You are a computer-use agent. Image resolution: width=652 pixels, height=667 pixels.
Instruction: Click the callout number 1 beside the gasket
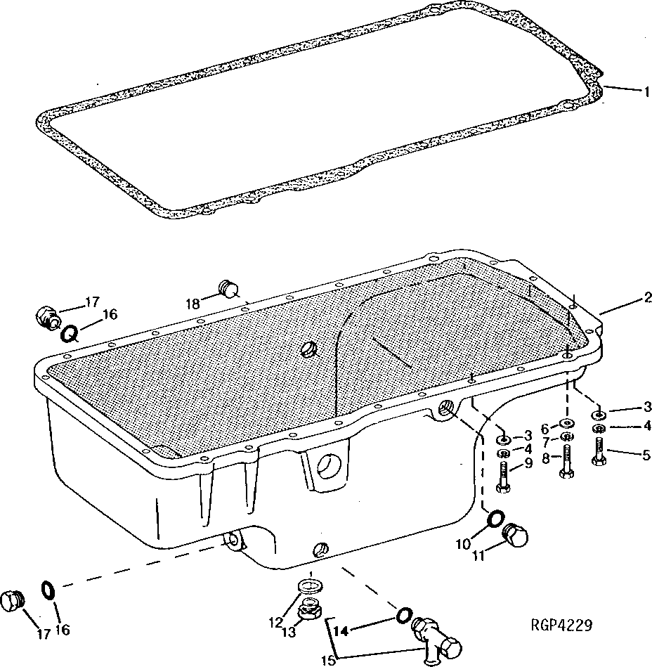(643, 91)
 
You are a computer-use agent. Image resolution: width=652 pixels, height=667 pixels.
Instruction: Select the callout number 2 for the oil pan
(643, 297)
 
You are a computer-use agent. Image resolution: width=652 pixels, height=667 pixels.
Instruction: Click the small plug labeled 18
(229, 287)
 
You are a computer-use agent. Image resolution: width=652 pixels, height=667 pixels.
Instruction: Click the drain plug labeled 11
(516, 537)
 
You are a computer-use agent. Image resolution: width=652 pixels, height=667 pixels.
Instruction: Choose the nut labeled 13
(308, 612)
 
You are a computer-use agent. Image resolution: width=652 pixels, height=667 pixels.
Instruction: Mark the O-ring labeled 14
(404, 615)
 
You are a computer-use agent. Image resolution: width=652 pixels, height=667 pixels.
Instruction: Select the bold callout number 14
(341, 630)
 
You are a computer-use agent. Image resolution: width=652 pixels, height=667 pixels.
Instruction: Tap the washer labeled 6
(566, 425)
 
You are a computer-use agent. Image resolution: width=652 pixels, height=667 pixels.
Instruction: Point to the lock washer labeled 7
(567, 437)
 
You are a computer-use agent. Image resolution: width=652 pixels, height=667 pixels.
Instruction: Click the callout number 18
(193, 303)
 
